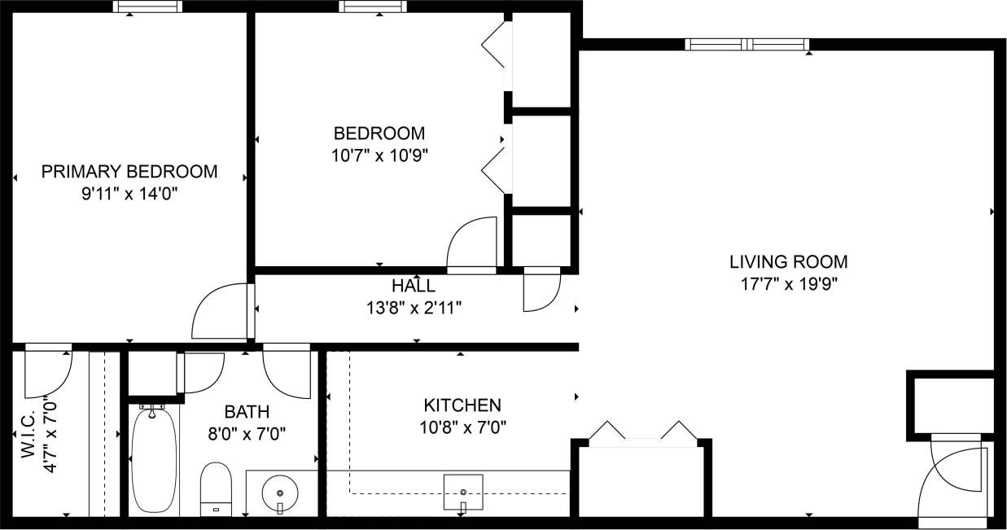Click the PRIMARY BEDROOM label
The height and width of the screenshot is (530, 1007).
tap(129, 172)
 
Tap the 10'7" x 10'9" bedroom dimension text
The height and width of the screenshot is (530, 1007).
tap(379, 155)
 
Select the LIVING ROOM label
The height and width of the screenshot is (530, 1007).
tap(788, 262)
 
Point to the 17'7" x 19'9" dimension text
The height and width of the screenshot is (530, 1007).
tap(788, 284)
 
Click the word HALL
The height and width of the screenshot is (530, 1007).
tap(413, 286)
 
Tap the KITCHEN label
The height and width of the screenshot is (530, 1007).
tap(462, 405)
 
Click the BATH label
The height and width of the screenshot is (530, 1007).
tap(247, 412)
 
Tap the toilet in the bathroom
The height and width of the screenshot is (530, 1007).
tap(217, 488)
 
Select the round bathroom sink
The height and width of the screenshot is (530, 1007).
tap(280, 493)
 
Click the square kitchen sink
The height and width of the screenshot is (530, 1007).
tap(463, 492)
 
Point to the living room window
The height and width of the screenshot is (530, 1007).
tap(747, 45)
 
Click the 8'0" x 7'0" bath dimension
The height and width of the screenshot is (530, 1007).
tap(247, 433)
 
